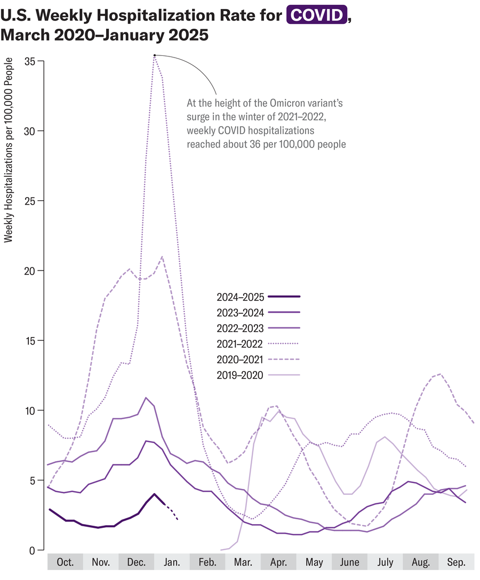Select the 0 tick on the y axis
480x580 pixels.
33,550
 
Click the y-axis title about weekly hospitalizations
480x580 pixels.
8,151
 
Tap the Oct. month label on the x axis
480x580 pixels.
65,562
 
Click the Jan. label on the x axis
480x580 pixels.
172,562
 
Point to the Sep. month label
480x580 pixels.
456,562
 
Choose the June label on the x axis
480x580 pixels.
349,562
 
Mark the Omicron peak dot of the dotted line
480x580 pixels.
154,55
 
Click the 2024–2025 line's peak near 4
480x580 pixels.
154,494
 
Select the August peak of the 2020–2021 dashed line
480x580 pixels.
440,374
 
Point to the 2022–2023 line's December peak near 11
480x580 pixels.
146,397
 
